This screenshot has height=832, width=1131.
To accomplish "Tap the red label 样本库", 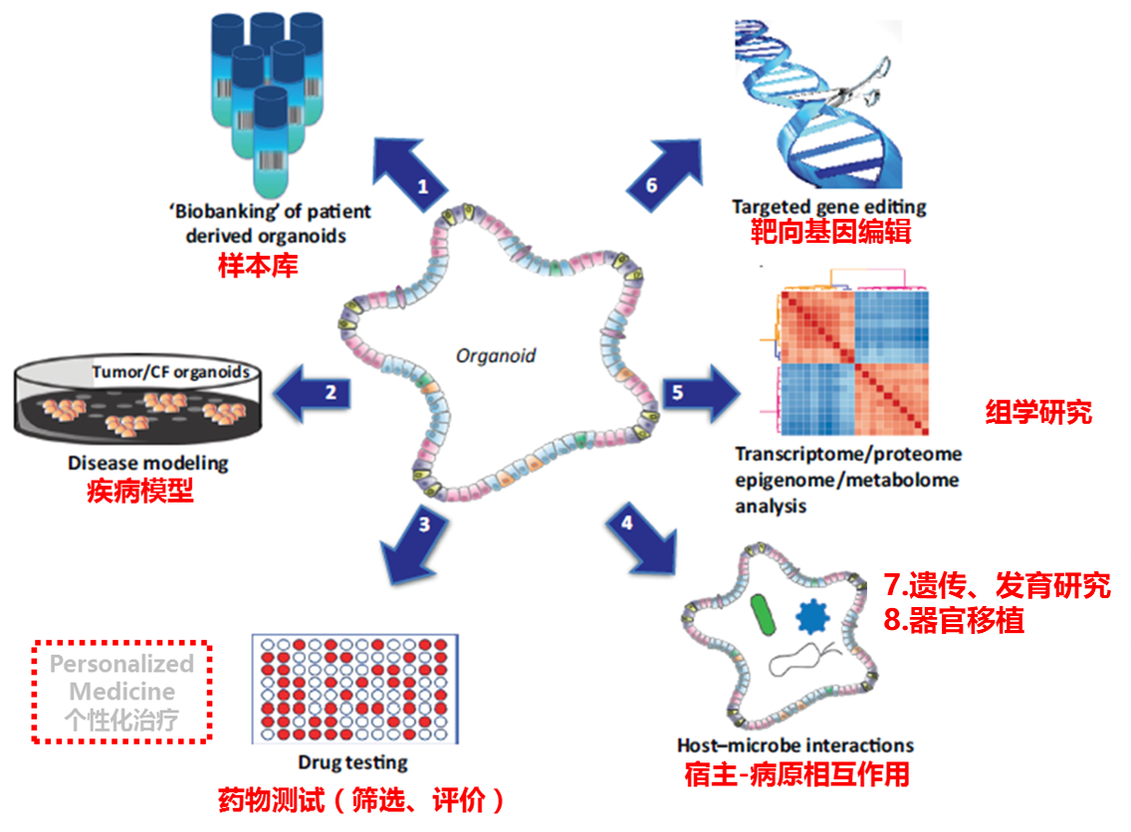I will [x=258, y=266].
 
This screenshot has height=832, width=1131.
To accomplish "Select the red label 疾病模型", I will [x=140, y=491].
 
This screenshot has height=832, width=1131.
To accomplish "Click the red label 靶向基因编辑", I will [x=831, y=233].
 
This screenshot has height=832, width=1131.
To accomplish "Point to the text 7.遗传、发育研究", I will [x=997, y=585].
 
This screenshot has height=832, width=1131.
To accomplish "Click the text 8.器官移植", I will [x=954, y=620].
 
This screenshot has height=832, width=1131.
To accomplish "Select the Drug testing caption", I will [x=352, y=763].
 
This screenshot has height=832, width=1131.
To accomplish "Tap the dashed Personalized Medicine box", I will [x=121, y=692].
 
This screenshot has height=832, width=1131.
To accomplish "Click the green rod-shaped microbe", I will [x=765, y=614].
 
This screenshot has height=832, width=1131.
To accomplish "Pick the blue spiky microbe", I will [x=812, y=617].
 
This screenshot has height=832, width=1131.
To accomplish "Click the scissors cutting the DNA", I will [x=854, y=93].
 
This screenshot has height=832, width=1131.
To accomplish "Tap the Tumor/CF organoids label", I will [x=170, y=373].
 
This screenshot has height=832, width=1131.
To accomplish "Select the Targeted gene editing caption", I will [x=829, y=207].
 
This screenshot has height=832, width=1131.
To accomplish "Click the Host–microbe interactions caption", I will [x=795, y=744].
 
